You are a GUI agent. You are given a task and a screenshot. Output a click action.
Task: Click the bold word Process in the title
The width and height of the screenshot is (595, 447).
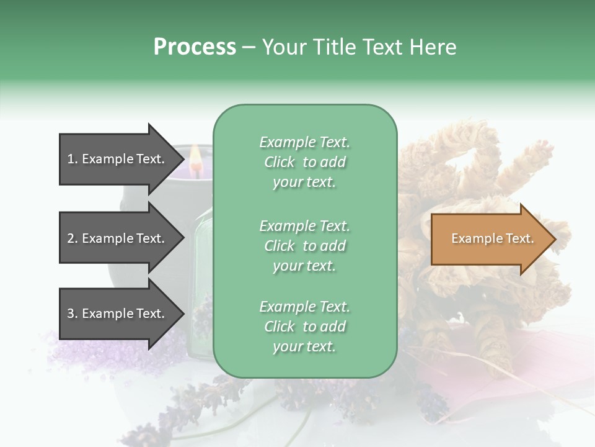point(195,47)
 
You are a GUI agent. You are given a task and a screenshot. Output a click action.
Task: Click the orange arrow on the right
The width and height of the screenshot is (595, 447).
point(490,238)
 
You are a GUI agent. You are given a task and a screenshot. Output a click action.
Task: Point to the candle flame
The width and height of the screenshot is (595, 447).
point(196,155)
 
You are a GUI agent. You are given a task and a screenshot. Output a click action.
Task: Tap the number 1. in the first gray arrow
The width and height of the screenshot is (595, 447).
point(73,159)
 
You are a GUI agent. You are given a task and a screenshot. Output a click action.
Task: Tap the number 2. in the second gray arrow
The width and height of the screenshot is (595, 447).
point(73,238)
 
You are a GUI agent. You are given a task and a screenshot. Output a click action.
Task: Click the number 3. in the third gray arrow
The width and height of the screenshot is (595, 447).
point(73,314)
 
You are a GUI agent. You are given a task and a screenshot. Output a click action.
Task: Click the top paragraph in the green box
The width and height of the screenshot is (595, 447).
point(304,162)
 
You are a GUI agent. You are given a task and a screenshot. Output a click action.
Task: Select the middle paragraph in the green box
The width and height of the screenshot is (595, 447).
point(304,246)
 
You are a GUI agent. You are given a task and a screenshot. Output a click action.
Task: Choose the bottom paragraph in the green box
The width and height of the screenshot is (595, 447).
point(304,327)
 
